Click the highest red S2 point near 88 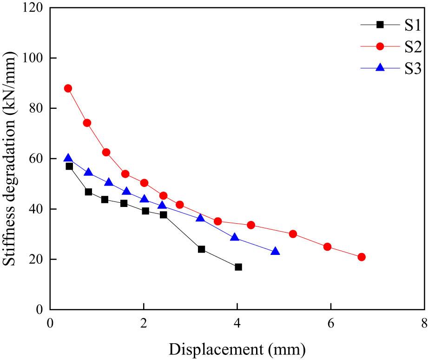pyautogui.click(x=68, y=88)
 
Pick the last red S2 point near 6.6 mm pyautogui.click(x=362, y=257)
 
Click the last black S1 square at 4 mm pyautogui.click(x=238, y=267)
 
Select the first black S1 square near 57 pyautogui.click(x=69, y=166)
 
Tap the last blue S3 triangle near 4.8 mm pyautogui.click(x=275, y=251)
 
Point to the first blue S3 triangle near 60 pyautogui.click(x=68, y=158)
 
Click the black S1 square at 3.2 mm pyautogui.click(x=201, y=249)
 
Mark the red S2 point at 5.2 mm pyautogui.click(x=293, y=234)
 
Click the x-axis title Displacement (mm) pyautogui.click(x=237, y=348)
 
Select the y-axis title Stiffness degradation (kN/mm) pyautogui.click(x=10, y=158)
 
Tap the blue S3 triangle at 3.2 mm pyautogui.click(x=200, y=218)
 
